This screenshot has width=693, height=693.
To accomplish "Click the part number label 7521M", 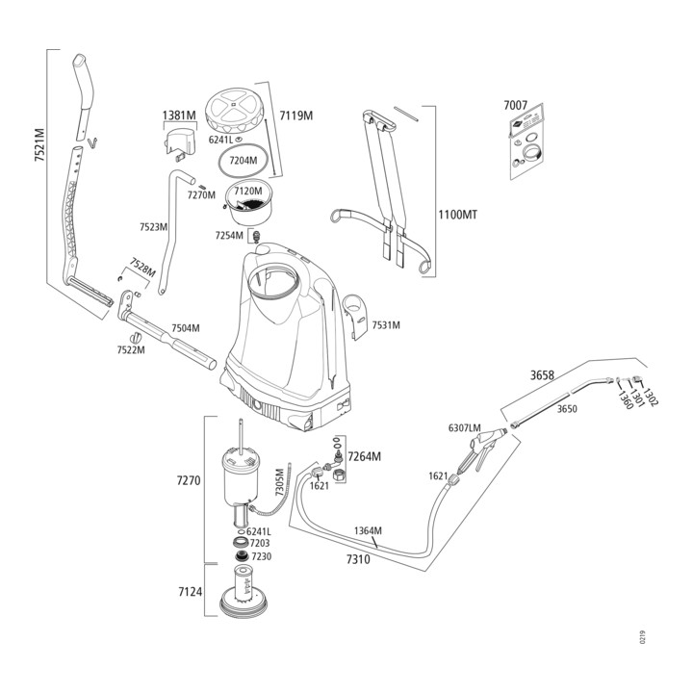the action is pyautogui.click(x=39, y=144).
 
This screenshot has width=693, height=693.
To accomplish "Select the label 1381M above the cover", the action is pyautogui.click(x=179, y=115).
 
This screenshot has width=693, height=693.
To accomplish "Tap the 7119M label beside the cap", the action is pyautogui.click(x=296, y=115).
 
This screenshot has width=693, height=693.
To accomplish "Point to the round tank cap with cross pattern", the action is pyautogui.click(x=234, y=111).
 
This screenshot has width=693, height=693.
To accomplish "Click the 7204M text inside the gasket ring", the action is pyautogui.click(x=243, y=161).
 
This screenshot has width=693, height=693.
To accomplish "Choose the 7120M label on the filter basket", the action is pyautogui.click(x=248, y=192).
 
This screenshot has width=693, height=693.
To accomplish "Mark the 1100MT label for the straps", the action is pyautogui.click(x=458, y=216).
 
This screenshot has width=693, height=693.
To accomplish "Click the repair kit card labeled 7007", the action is pyautogui.click(x=526, y=141).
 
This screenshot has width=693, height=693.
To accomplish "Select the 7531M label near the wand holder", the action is pyautogui.click(x=386, y=325).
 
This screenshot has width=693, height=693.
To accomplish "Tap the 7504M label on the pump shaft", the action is pyautogui.click(x=186, y=328).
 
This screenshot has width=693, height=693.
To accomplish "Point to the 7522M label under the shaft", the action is pyautogui.click(x=131, y=350).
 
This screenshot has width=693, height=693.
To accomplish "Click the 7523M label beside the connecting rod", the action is pyautogui.click(x=153, y=227).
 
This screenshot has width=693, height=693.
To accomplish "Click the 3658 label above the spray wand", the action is pyautogui.click(x=542, y=375).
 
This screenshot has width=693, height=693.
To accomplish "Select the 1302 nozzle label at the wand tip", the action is pyautogui.click(x=650, y=397).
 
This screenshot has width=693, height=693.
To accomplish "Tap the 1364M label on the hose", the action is pyautogui.click(x=368, y=530).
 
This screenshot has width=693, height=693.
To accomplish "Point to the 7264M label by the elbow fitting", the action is pyautogui.click(x=364, y=456).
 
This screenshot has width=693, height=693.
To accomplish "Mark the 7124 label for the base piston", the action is pyautogui.click(x=190, y=592).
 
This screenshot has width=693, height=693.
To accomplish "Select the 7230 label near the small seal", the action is pyautogui.click(x=261, y=556).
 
